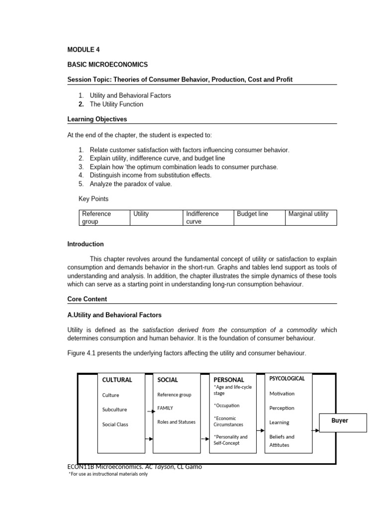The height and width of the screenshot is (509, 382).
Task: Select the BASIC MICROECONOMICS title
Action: (x=107, y=65)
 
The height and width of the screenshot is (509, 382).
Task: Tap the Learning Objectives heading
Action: (x=97, y=119)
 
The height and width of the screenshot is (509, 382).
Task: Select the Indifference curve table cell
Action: (x=207, y=218)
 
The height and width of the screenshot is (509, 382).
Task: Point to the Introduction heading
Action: (x=86, y=244)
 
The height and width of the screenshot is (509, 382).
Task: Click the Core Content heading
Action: (x=87, y=299)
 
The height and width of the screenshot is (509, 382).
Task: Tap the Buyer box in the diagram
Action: (x=343, y=421)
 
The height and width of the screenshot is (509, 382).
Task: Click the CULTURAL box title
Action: (x=117, y=380)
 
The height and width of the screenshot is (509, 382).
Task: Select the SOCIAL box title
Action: (x=168, y=380)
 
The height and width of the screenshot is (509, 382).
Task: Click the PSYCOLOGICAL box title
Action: (x=287, y=378)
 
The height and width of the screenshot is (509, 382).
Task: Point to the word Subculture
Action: (x=114, y=410)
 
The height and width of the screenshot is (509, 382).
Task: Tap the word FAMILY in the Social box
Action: (x=165, y=408)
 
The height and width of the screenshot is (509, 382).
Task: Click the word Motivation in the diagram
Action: (x=282, y=393)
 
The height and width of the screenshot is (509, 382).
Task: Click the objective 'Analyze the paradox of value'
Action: (x=130, y=184)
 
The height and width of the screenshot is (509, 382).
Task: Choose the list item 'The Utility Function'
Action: (x=116, y=104)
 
